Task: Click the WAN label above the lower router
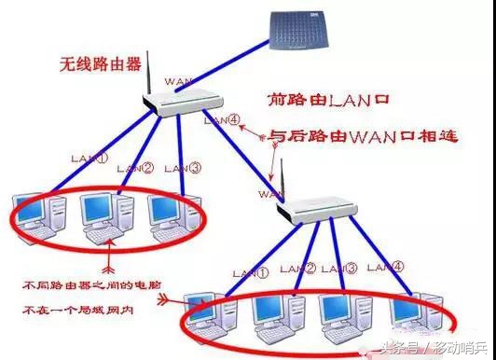pos(270,195)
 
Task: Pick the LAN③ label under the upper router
pos(182,169)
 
